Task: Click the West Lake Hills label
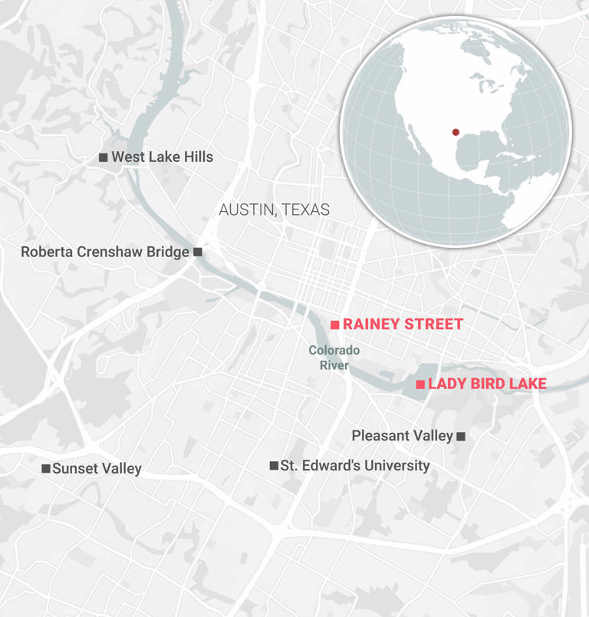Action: tap(162, 157)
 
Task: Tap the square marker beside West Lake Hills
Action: tap(104, 157)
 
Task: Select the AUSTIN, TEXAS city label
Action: tap(274, 210)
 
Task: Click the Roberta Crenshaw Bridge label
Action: tap(104, 252)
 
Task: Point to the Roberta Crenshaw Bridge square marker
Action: tap(198, 252)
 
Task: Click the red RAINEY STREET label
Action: tap(403, 325)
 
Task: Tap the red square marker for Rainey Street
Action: tap(334, 325)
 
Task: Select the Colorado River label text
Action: tap(334, 358)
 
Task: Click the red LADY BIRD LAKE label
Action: tap(487, 384)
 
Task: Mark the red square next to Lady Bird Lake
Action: tap(420, 384)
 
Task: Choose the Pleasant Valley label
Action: tap(402, 436)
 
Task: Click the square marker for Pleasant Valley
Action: tap(461, 437)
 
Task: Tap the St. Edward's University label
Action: tap(354, 466)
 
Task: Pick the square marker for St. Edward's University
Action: tap(274, 466)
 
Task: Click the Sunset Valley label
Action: tap(97, 468)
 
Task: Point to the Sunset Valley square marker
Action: tap(46, 468)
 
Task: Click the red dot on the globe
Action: tap(456, 133)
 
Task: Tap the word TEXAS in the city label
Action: tap(304, 210)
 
